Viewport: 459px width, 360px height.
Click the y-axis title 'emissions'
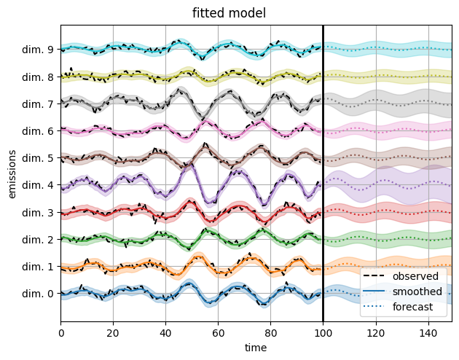(12, 172)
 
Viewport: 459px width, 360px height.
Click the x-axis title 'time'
(256, 348)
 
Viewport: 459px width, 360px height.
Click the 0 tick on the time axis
(61, 332)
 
